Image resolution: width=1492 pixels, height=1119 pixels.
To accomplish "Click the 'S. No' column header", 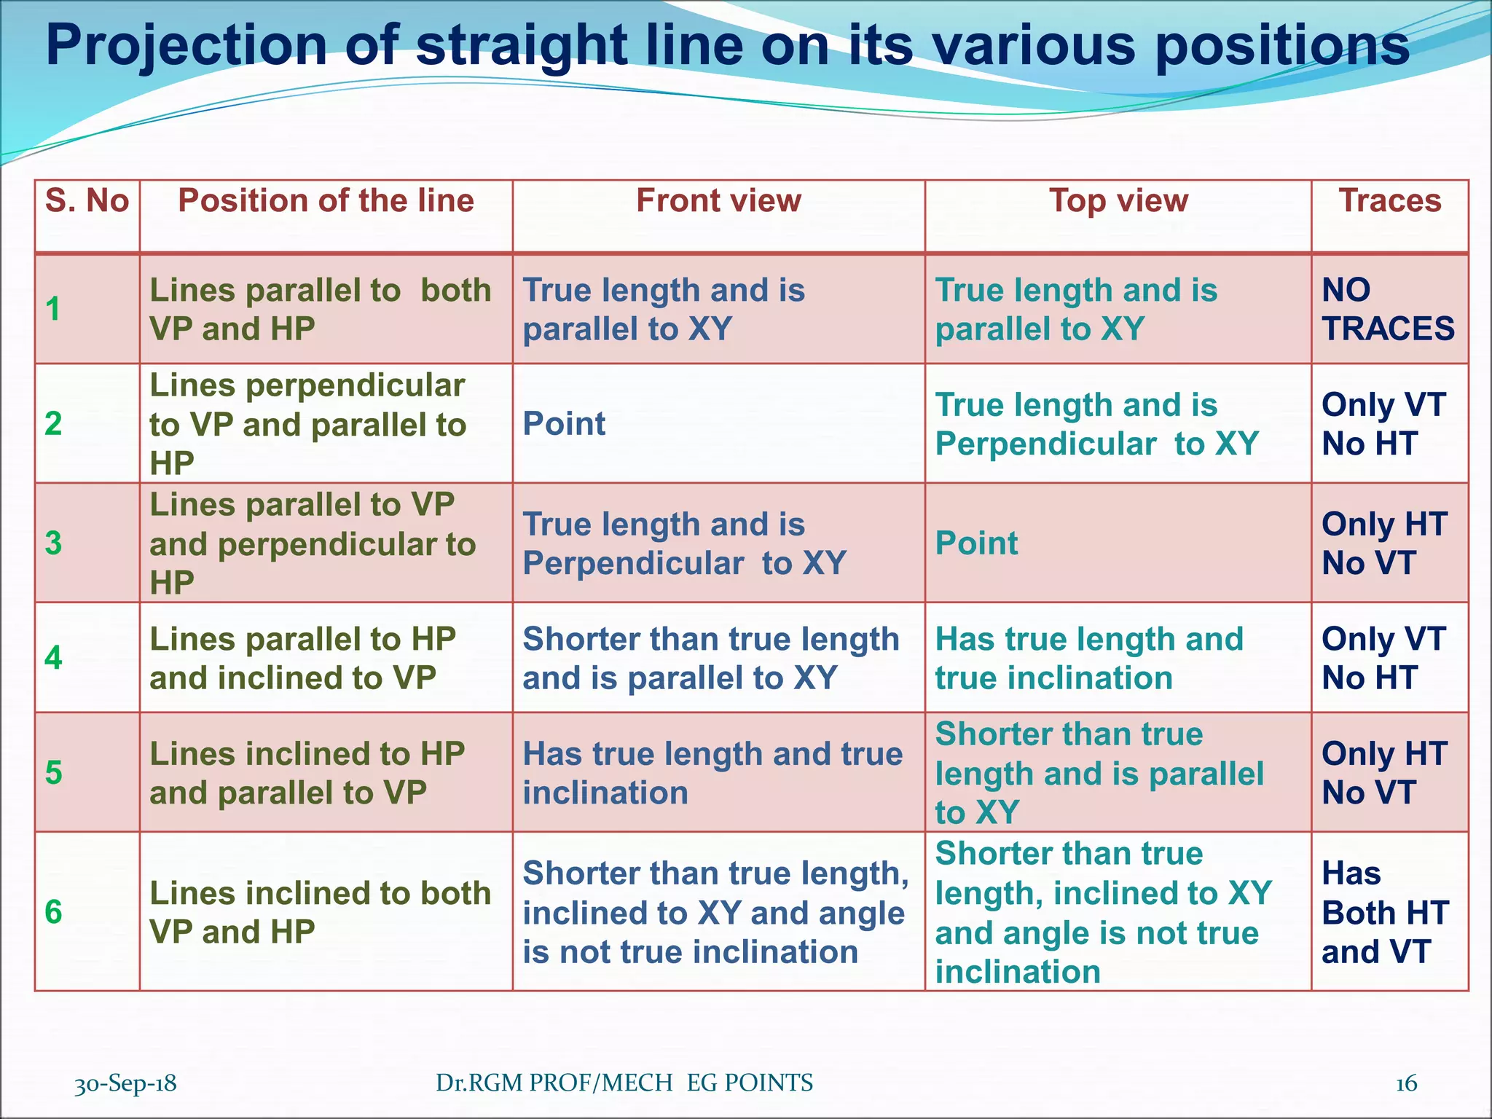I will point(87,201).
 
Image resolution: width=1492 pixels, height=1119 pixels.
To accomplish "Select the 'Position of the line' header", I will point(326,201).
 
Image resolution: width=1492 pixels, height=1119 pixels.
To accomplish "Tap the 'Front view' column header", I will point(718,201).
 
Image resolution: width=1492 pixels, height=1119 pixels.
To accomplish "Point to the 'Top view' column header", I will point(1118,201).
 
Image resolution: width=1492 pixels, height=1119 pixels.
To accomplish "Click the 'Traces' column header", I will point(1390,201).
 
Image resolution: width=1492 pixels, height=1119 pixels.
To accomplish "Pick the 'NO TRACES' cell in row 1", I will point(1388,310).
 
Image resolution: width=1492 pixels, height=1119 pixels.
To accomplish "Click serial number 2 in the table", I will point(53,424).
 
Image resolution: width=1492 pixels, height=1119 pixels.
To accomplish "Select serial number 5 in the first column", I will point(53,773).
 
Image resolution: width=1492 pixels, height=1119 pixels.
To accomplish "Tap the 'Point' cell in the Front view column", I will point(565,424).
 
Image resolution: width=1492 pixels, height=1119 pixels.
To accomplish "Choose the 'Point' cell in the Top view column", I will point(976,543).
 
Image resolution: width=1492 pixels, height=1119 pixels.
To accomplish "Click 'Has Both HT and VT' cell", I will point(1385,912).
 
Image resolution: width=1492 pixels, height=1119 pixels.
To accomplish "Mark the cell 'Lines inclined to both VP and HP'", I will point(321,912).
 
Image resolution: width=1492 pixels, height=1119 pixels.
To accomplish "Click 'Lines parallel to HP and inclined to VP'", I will point(302,659).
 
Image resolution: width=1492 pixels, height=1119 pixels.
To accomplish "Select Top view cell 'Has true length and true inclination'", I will point(1089,659).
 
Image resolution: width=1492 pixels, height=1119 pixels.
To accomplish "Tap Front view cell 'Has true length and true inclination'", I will point(712,773).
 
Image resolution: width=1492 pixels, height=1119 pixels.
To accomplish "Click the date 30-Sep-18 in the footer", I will point(125,1083).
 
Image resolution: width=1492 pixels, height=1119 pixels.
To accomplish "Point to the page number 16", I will point(1406,1083).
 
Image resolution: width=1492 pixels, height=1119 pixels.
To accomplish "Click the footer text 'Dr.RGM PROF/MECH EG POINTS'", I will point(624,1083).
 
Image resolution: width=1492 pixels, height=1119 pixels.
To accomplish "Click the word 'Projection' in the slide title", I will point(186,45).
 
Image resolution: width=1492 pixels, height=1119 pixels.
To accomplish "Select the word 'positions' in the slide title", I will point(1282,45).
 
